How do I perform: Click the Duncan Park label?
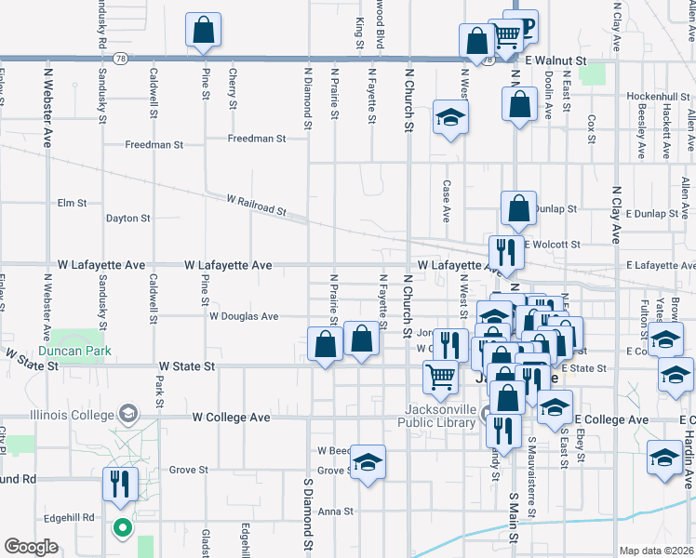(x=74, y=351)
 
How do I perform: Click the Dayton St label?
(x=127, y=219)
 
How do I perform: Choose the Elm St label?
(x=72, y=202)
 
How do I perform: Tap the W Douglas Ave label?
(x=244, y=316)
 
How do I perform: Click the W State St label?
(x=187, y=367)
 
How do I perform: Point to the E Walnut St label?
(x=556, y=60)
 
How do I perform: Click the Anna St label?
(x=336, y=511)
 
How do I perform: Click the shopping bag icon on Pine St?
(x=203, y=31)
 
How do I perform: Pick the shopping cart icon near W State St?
(x=441, y=377)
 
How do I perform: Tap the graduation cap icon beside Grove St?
(x=368, y=462)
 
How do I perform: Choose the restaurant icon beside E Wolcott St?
(x=503, y=252)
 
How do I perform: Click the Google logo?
(x=31, y=547)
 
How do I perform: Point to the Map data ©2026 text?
(x=656, y=551)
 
